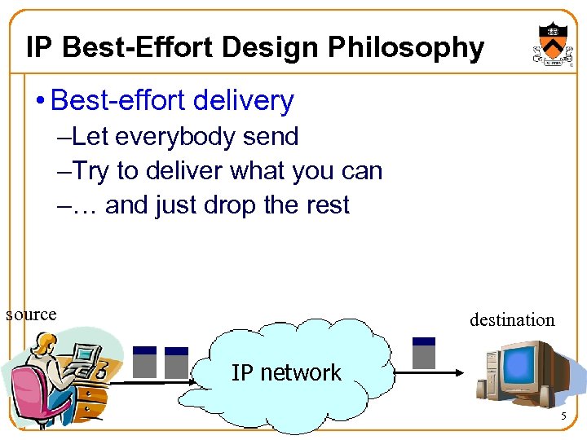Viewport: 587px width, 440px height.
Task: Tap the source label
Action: click(31, 315)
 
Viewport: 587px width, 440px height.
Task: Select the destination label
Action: click(511, 320)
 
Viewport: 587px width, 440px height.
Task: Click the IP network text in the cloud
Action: click(286, 373)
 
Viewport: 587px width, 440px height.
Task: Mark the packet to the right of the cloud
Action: click(424, 353)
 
